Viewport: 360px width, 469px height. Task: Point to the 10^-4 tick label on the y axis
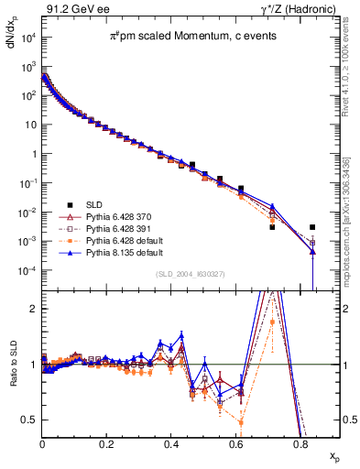pos(26,271)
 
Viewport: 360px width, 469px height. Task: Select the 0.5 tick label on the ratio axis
pos(29,420)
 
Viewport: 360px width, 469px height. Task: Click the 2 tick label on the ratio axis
pos(34,309)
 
